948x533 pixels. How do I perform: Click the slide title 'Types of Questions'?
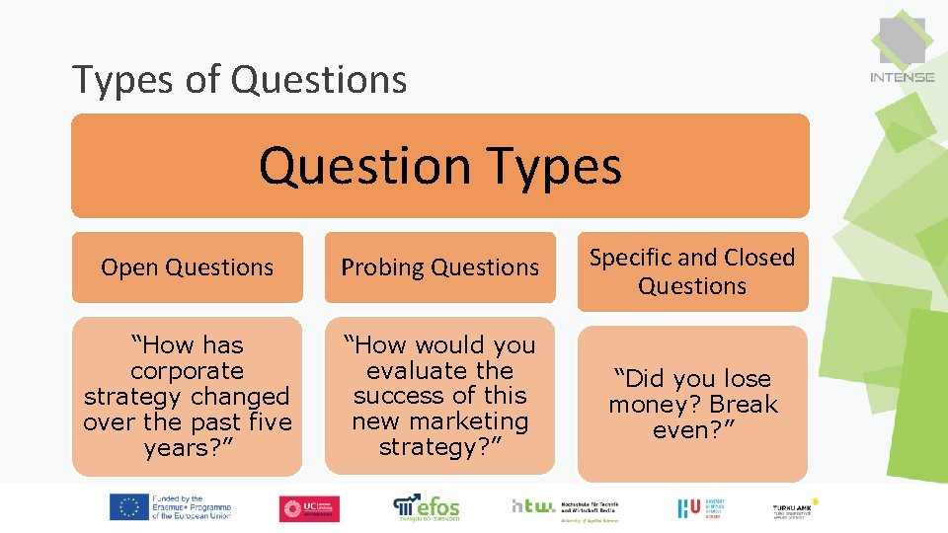(240, 79)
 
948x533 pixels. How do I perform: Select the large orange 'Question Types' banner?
(440, 166)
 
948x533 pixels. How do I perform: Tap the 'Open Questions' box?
(188, 267)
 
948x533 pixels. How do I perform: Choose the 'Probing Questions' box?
(440, 267)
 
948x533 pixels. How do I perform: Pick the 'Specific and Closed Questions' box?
(692, 271)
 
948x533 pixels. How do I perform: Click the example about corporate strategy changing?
(188, 397)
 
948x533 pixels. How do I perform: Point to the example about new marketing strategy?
(440, 396)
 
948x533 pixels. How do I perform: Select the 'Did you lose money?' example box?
(692, 405)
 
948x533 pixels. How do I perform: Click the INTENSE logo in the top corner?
(902, 49)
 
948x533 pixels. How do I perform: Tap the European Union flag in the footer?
(128, 507)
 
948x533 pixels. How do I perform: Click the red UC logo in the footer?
(309, 508)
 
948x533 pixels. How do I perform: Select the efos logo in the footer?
(427, 507)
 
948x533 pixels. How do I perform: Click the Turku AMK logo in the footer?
(795, 508)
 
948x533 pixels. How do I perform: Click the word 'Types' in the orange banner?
(559, 166)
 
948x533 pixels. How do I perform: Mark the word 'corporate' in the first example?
(187, 371)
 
